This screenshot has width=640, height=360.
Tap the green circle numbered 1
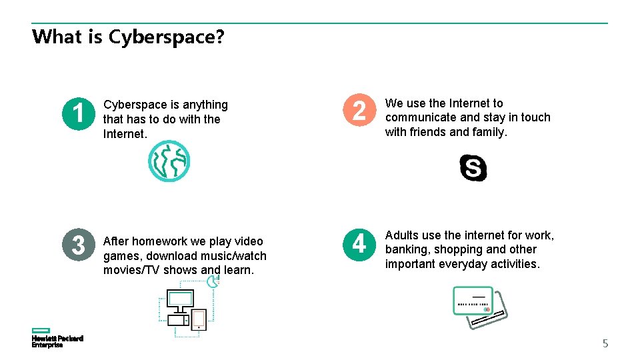point(78,113)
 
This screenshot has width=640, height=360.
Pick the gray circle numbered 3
point(78,245)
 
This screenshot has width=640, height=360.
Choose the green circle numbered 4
point(359,245)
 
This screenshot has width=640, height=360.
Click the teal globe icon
point(169,161)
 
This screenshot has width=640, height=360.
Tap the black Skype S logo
point(473,167)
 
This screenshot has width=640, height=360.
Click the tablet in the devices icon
point(199,319)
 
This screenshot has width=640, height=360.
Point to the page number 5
point(605,344)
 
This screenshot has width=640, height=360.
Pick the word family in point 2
point(490,132)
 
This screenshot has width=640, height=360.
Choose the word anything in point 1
point(205,105)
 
